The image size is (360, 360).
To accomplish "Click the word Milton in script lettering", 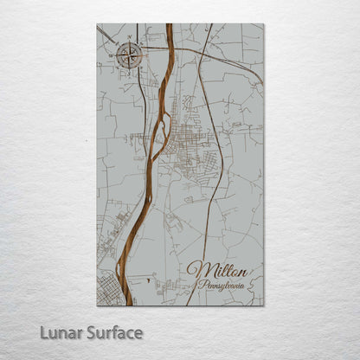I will point(221,269).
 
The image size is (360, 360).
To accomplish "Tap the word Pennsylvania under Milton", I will point(225,284).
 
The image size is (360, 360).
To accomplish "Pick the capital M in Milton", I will point(197,269).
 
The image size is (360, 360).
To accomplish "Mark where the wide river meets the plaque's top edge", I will point(169,24).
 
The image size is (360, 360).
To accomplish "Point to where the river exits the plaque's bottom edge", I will point(129,305).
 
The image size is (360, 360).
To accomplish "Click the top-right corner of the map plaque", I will point(263,24).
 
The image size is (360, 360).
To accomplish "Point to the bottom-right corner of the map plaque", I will point(263,305).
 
